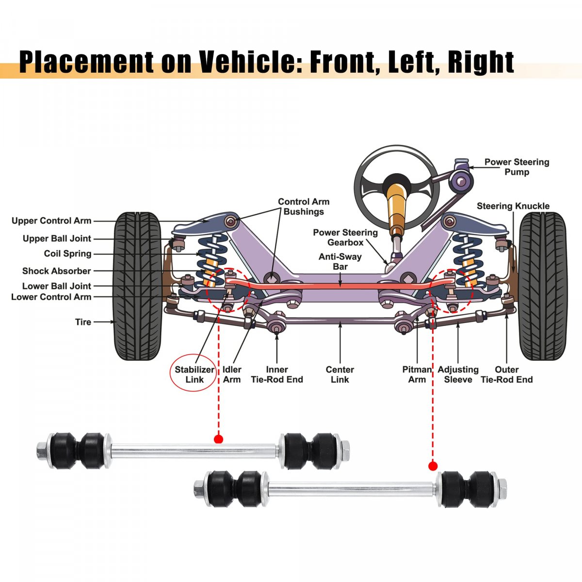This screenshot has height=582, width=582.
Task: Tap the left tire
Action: (x=138, y=286)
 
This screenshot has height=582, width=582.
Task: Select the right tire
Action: (x=543, y=286)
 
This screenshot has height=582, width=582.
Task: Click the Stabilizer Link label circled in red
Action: (x=194, y=374)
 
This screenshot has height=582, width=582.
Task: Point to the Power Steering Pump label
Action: (x=517, y=167)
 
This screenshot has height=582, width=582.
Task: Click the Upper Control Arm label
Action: (x=51, y=221)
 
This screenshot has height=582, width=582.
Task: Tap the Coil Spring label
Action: (x=67, y=254)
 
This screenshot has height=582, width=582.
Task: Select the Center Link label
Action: (x=339, y=374)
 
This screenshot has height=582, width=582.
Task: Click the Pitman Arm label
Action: (x=417, y=374)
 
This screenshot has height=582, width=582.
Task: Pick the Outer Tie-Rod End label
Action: (x=506, y=374)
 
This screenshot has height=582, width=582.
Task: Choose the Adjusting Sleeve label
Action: (x=458, y=374)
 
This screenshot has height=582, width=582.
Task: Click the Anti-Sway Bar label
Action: (x=339, y=261)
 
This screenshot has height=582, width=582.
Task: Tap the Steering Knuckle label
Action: (x=513, y=206)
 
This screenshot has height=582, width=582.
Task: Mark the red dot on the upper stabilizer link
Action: (x=218, y=439)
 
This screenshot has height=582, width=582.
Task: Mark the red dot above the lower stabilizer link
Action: (x=433, y=466)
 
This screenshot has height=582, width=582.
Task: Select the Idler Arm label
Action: (x=232, y=374)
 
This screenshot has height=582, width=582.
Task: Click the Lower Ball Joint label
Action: (x=57, y=286)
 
